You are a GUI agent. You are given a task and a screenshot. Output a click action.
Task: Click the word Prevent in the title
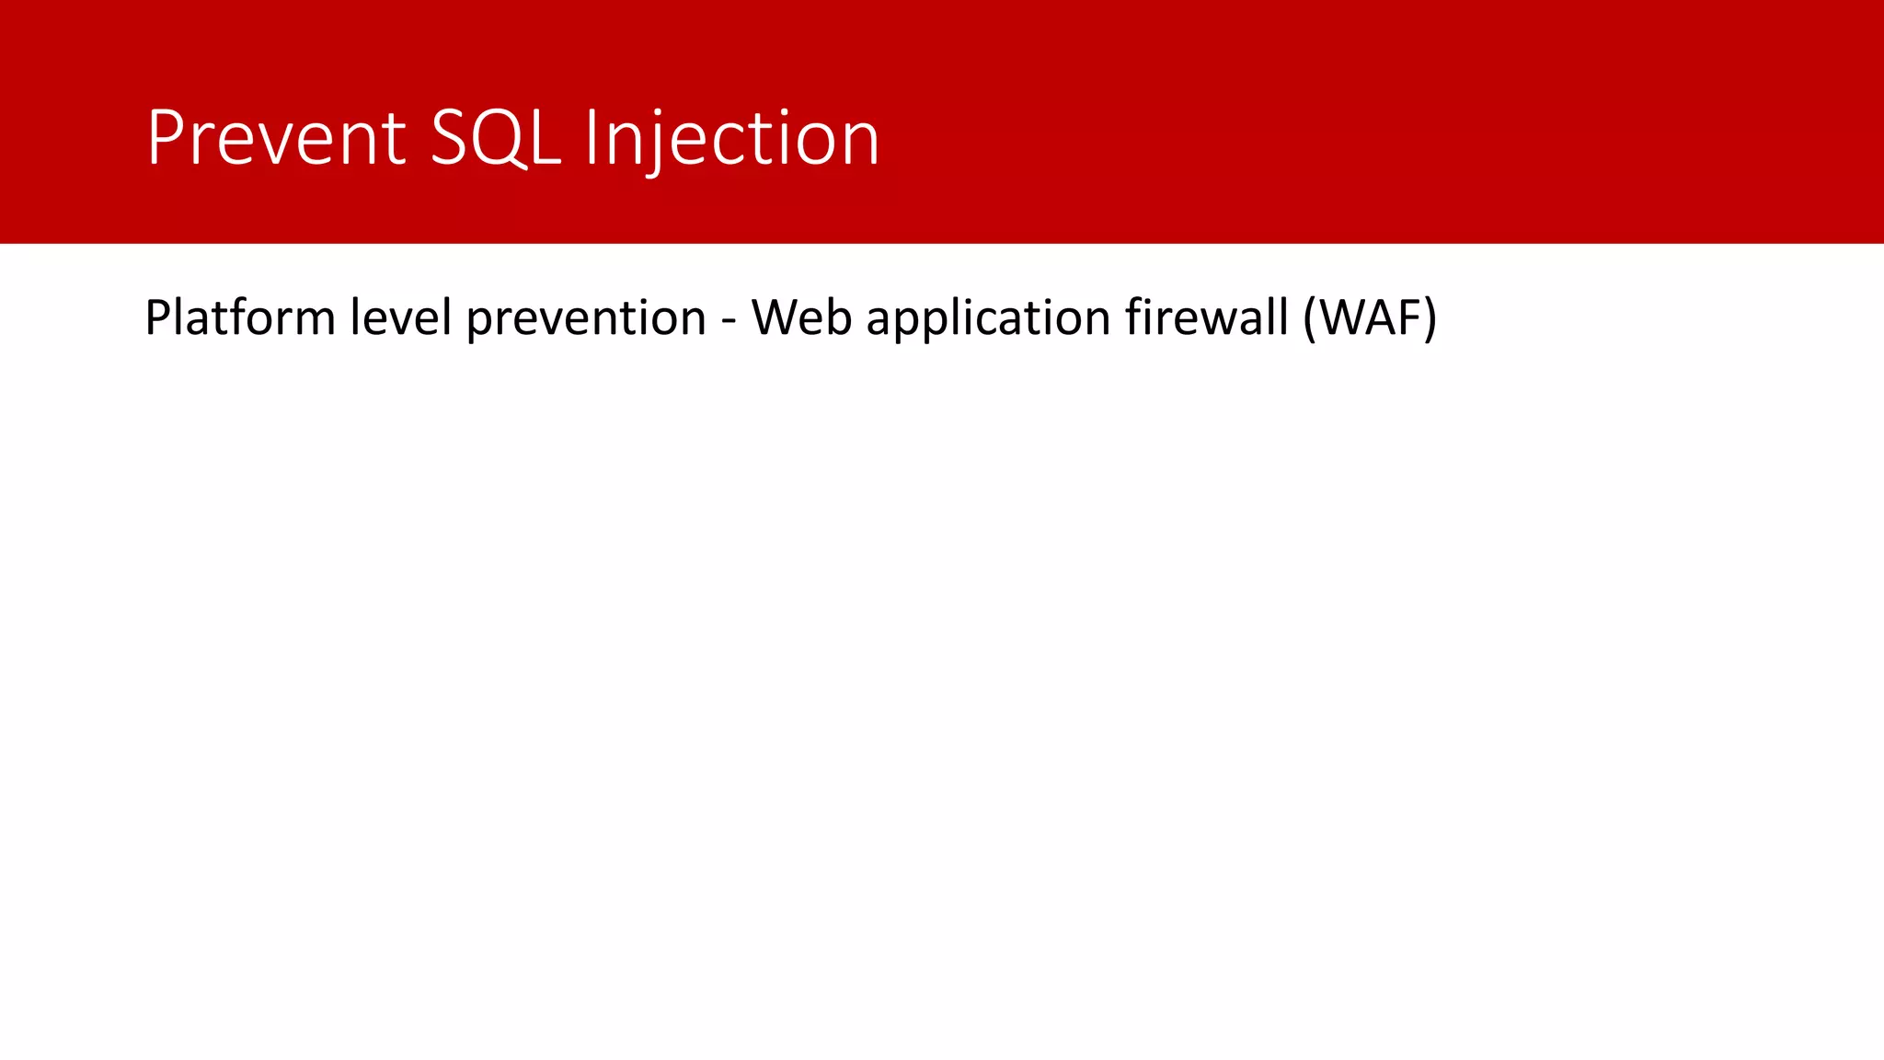coord(276,138)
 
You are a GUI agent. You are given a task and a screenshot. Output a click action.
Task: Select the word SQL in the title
coord(495,138)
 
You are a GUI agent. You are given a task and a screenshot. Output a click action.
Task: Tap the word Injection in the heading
coord(732,138)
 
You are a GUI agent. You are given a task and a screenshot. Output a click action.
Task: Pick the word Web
coord(801,318)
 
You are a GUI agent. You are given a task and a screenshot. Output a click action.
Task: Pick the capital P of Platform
coord(157,318)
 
